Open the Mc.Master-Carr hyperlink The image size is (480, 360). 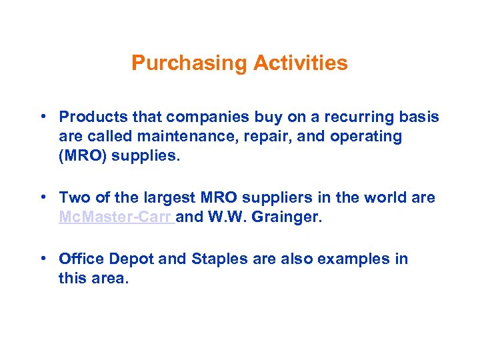(x=116, y=217)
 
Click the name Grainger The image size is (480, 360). (x=292, y=217)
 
